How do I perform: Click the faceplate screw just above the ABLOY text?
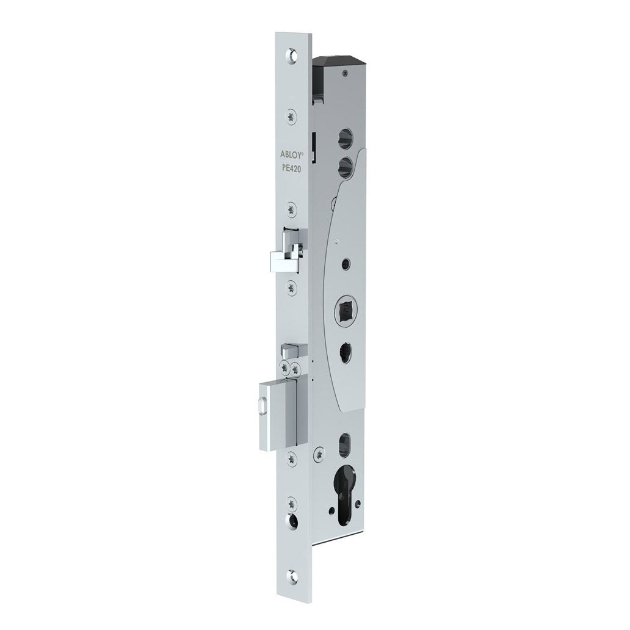point(291,114)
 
